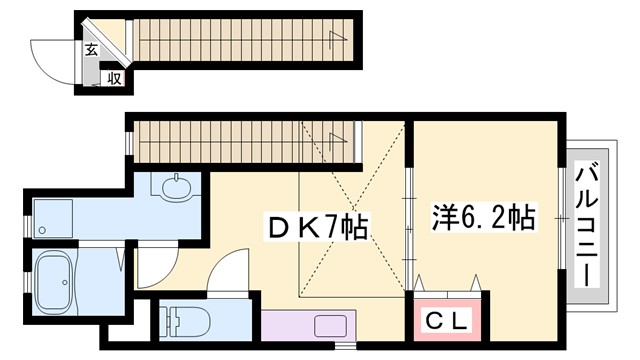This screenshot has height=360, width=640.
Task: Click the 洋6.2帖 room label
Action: tap(483, 217)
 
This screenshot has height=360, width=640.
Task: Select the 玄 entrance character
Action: tap(91, 48)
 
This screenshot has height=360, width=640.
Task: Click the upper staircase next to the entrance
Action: tap(240, 40)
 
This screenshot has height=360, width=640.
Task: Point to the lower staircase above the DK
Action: tap(245, 140)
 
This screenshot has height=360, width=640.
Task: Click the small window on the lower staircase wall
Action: tap(130, 140)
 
